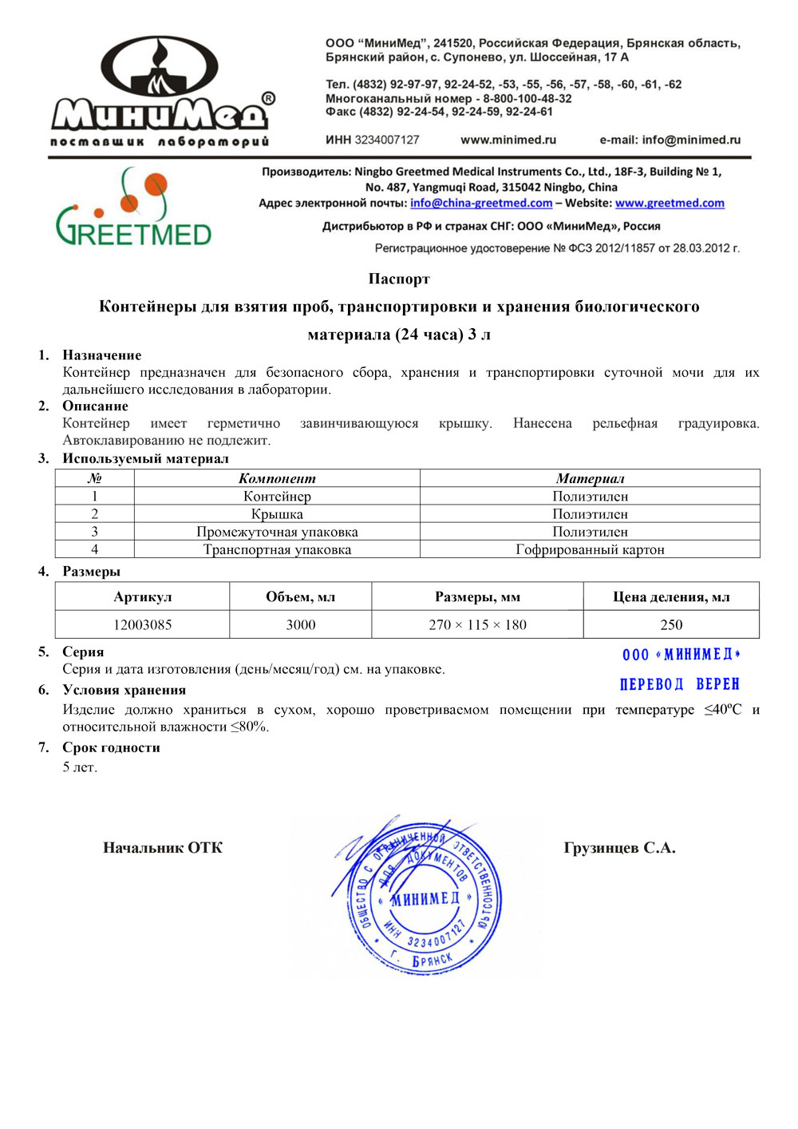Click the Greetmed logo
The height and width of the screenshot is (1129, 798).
[x=133, y=208]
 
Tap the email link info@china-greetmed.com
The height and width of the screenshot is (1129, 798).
[x=481, y=204]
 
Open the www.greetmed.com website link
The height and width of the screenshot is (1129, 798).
[x=670, y=204]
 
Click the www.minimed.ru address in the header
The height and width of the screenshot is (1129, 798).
[x=508, y=140]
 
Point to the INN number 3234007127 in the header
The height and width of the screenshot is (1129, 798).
[x=387, y=140]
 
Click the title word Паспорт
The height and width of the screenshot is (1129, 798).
[x=399, y=279]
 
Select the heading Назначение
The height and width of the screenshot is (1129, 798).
[x=102, y=355]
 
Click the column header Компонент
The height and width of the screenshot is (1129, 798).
[x=277, y=478]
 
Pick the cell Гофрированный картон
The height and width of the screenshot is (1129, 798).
[x=590, y=549]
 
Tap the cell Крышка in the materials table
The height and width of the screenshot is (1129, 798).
[x=277, y=514]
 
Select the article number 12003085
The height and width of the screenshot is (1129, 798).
[x=143, y=624]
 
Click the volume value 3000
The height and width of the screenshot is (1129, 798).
[x=301, y=624]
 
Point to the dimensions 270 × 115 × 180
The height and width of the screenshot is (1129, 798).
[x=477, y=624]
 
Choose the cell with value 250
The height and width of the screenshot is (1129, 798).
[x=671, y=624]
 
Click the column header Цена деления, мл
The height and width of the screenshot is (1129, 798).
[x=671, y=596]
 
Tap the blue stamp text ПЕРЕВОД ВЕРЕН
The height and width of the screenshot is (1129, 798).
[x=680, y=684]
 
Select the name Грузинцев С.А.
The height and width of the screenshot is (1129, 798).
[x=619, y=848]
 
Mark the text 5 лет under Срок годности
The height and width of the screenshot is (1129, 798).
[x=80, y=767]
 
